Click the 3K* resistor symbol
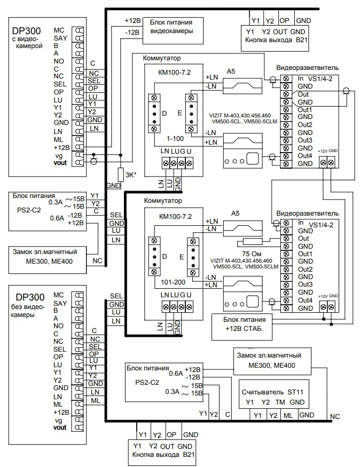[121, 173]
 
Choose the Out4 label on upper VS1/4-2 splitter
[305, 155]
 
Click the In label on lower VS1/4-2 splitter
[301, 223]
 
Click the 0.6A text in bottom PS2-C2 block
[175, 374]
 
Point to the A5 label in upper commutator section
[231, 71]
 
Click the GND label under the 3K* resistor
[113, 185]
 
